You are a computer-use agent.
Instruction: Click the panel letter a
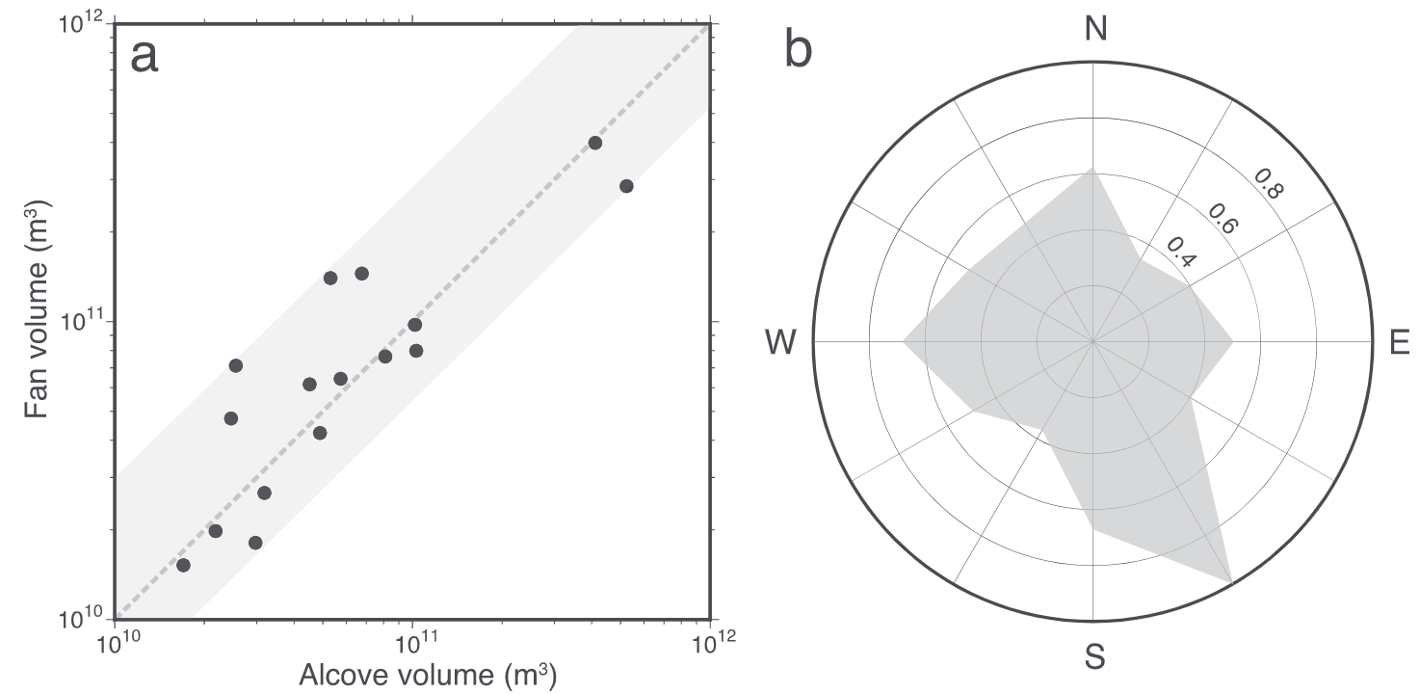coord(145,57)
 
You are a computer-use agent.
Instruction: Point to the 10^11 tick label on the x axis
coord(412,643)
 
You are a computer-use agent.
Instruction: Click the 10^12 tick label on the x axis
coord(709,643)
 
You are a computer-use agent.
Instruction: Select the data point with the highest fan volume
coord(595,143)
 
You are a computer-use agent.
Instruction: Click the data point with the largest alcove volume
coord(626,186)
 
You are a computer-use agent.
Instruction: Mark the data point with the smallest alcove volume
coord(183,565)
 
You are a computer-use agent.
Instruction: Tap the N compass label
coord(1094,30)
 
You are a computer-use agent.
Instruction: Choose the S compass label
coord(1094,658)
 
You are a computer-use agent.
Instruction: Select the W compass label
coord(780,342)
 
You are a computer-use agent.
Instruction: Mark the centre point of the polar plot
coord(1093,341)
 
